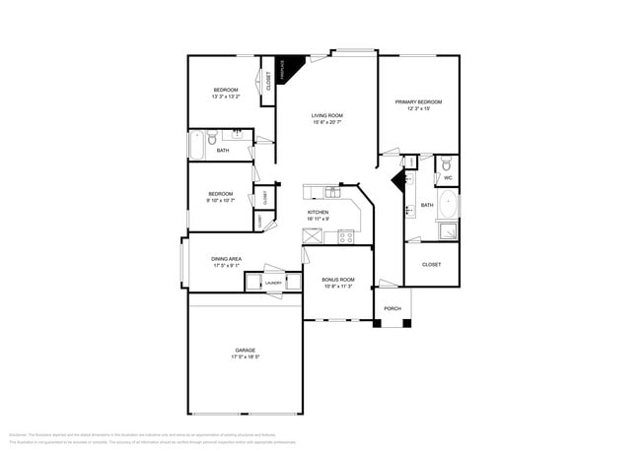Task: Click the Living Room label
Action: (x=326, y=116)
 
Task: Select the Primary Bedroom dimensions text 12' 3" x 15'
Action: (x=418, y=109)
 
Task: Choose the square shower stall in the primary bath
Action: (x=447, y=232)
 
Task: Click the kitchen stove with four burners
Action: (x=346, y=235)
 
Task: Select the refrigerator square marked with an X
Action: (x=313, y=235)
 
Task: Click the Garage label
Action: (x=245, y=350)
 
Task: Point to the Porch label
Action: (x=392, y=308)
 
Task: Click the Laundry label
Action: (x=273, y=283)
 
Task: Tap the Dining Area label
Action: (x=227, y=258)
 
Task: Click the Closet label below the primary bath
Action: (x=431, y=264)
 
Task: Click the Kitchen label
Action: (x=318, y=212)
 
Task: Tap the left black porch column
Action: (x=378, y=324)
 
